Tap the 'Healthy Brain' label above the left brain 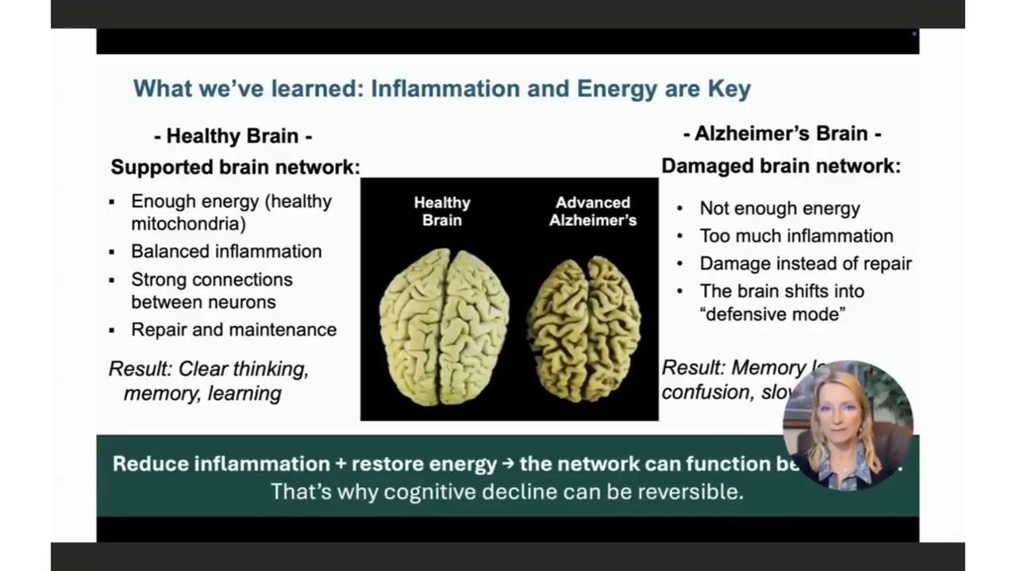[442, 211]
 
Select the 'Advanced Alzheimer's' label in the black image [593, 211]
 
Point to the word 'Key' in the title [729, 89]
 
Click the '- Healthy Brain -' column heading [233, 136]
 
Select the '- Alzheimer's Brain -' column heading [782, 133]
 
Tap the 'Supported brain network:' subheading [235, 167]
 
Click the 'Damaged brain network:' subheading [781, 166]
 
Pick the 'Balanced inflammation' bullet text [226, 251]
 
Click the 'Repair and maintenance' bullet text [233, 329]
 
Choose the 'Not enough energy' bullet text [779, 209]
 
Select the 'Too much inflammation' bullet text [796, 236]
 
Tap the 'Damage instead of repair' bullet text [805, 263]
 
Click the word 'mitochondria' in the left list [189, 224]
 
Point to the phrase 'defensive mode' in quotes [772, 314]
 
